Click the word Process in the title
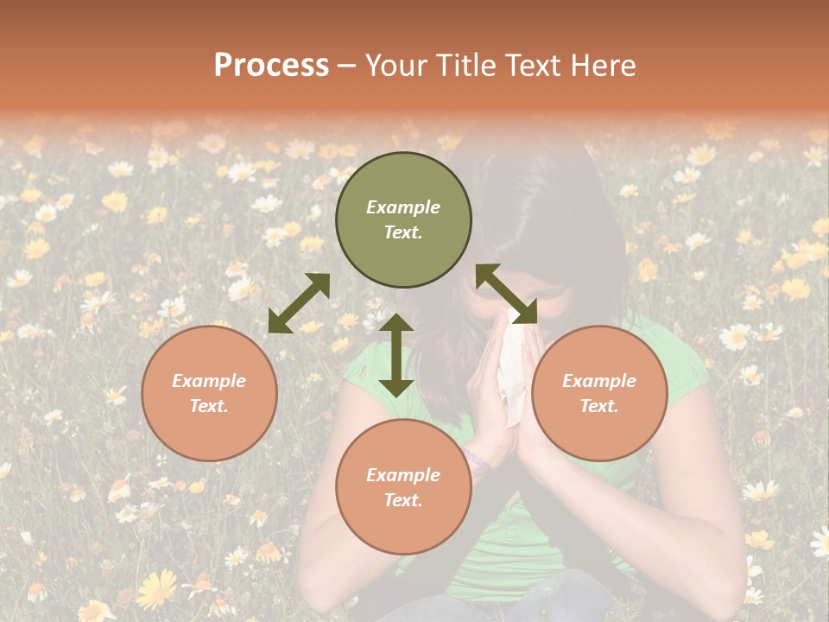[271, 66]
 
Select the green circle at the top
[403, 220]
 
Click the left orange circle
[209, 393]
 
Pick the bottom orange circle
[403, 487]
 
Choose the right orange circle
[599, 393]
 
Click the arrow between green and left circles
[299, 303]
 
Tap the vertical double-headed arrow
[396, 355]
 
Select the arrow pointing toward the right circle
[507, 294]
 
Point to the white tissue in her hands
[512, 371]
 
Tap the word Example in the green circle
[403, 207]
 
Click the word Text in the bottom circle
[403, 500]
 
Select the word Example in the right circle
[599, 381]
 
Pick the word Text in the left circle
[209, 406]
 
